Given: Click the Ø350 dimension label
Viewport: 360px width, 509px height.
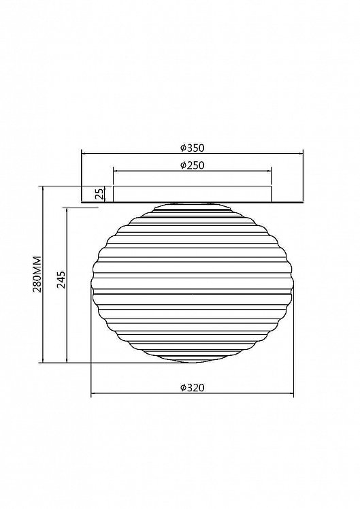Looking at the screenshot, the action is pyautogui.click(x=193, y=148).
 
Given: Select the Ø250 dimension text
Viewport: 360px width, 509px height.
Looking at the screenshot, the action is pyautogui.click(x=193, y=165).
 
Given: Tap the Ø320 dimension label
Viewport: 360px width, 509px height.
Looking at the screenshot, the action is pyautogui.click(x=193, y=388).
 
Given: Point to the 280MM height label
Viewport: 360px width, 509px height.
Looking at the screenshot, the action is pyautogui.click(x=37, y=274).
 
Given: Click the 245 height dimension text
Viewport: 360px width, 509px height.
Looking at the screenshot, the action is pyautogui.click(x=61, y=279).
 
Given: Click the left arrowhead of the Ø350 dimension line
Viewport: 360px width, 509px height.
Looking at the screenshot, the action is pyautogui.click(x=84, y=153).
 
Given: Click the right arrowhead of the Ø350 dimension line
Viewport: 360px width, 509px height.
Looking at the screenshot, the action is pyautogui.click(x=300, y=153).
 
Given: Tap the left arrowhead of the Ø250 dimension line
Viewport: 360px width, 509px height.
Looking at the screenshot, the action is pyautogui.click(x=116, y=170).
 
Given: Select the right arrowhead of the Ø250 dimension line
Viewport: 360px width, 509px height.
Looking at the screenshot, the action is pyautogui.click(x=269, y=170).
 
